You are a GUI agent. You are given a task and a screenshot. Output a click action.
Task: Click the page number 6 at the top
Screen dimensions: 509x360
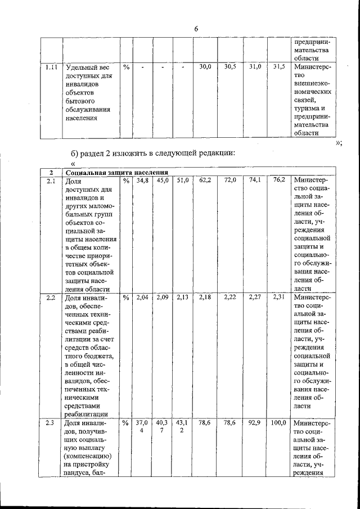point(196,28)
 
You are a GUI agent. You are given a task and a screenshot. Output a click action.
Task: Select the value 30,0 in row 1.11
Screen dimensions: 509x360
point(205,67)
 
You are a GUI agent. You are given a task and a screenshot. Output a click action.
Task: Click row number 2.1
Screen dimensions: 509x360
point(51,181)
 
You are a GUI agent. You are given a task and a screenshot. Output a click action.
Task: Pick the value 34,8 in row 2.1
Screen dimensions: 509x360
point(143,181)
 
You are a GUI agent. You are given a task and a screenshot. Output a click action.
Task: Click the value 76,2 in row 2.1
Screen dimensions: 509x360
point(278,181)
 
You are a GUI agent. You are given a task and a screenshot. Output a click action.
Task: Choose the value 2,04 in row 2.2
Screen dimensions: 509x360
point(143,298)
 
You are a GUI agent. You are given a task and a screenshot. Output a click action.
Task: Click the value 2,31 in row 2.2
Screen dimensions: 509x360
point(278,298)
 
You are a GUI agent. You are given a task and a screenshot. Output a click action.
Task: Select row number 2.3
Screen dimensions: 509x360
point(51,424)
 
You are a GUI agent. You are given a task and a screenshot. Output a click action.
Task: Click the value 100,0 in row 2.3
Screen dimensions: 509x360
point(278,423)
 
